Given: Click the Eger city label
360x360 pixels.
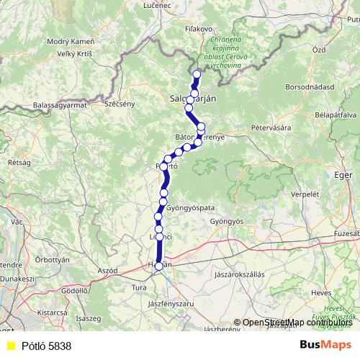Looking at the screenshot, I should click(x=343, y=174).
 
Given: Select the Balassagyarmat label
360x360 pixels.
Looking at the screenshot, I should click(x=59, y=105).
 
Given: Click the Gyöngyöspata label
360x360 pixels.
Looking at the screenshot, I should click(x=190, y=207).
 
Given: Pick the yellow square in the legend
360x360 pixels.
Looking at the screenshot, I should click(x=10, y=346).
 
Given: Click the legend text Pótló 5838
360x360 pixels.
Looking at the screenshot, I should click(x=46, y=346).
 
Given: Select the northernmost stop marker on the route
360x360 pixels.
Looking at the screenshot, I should click(x=197, y=73).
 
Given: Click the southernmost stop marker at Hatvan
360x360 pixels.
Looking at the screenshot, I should click(x=159, y=266).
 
